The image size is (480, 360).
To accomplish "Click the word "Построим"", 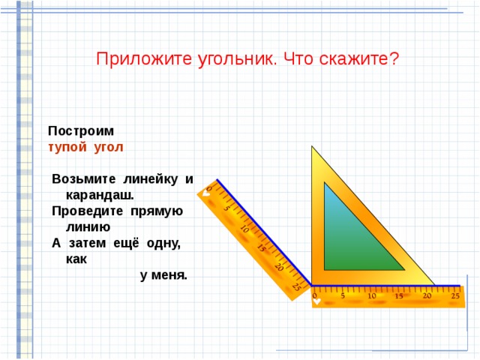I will point(81,130).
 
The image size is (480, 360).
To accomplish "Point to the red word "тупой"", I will point(67,146).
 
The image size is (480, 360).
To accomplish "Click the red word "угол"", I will point(109,146).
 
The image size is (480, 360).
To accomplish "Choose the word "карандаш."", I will point(100,194).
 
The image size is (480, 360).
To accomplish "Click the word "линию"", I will point(88,226).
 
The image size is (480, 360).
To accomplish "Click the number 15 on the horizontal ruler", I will point(399,296).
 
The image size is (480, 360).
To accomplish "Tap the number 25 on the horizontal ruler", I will point(455,296).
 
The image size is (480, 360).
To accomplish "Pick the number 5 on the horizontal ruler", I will point(343,296).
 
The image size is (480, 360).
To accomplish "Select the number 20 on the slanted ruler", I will point(278,267).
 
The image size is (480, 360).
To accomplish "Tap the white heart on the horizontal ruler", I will point(317,302).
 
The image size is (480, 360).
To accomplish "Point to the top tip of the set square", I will point(313,147).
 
